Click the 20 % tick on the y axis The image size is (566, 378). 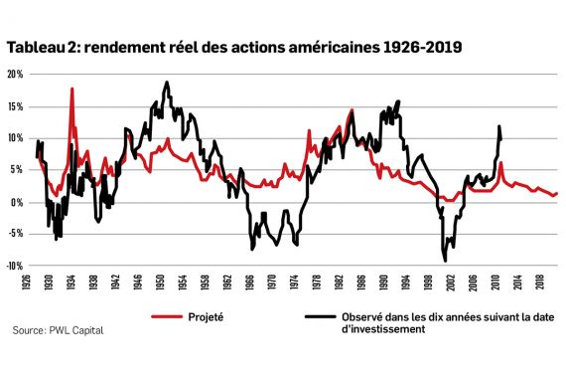click(x=14, y=75)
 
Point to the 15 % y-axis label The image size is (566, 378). click(x=14, y=106)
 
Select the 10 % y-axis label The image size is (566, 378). click(x=14, y=138)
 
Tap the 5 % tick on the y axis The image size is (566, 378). click(x=16, y=170)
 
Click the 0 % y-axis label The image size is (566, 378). click(x=16, y=202)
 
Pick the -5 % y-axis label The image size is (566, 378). click(x=14, y=235)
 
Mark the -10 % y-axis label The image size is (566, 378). click(x=14, y=267)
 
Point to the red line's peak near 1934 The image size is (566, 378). click(x=72, y=90)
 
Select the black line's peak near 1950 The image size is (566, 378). click(x=167, y=83)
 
